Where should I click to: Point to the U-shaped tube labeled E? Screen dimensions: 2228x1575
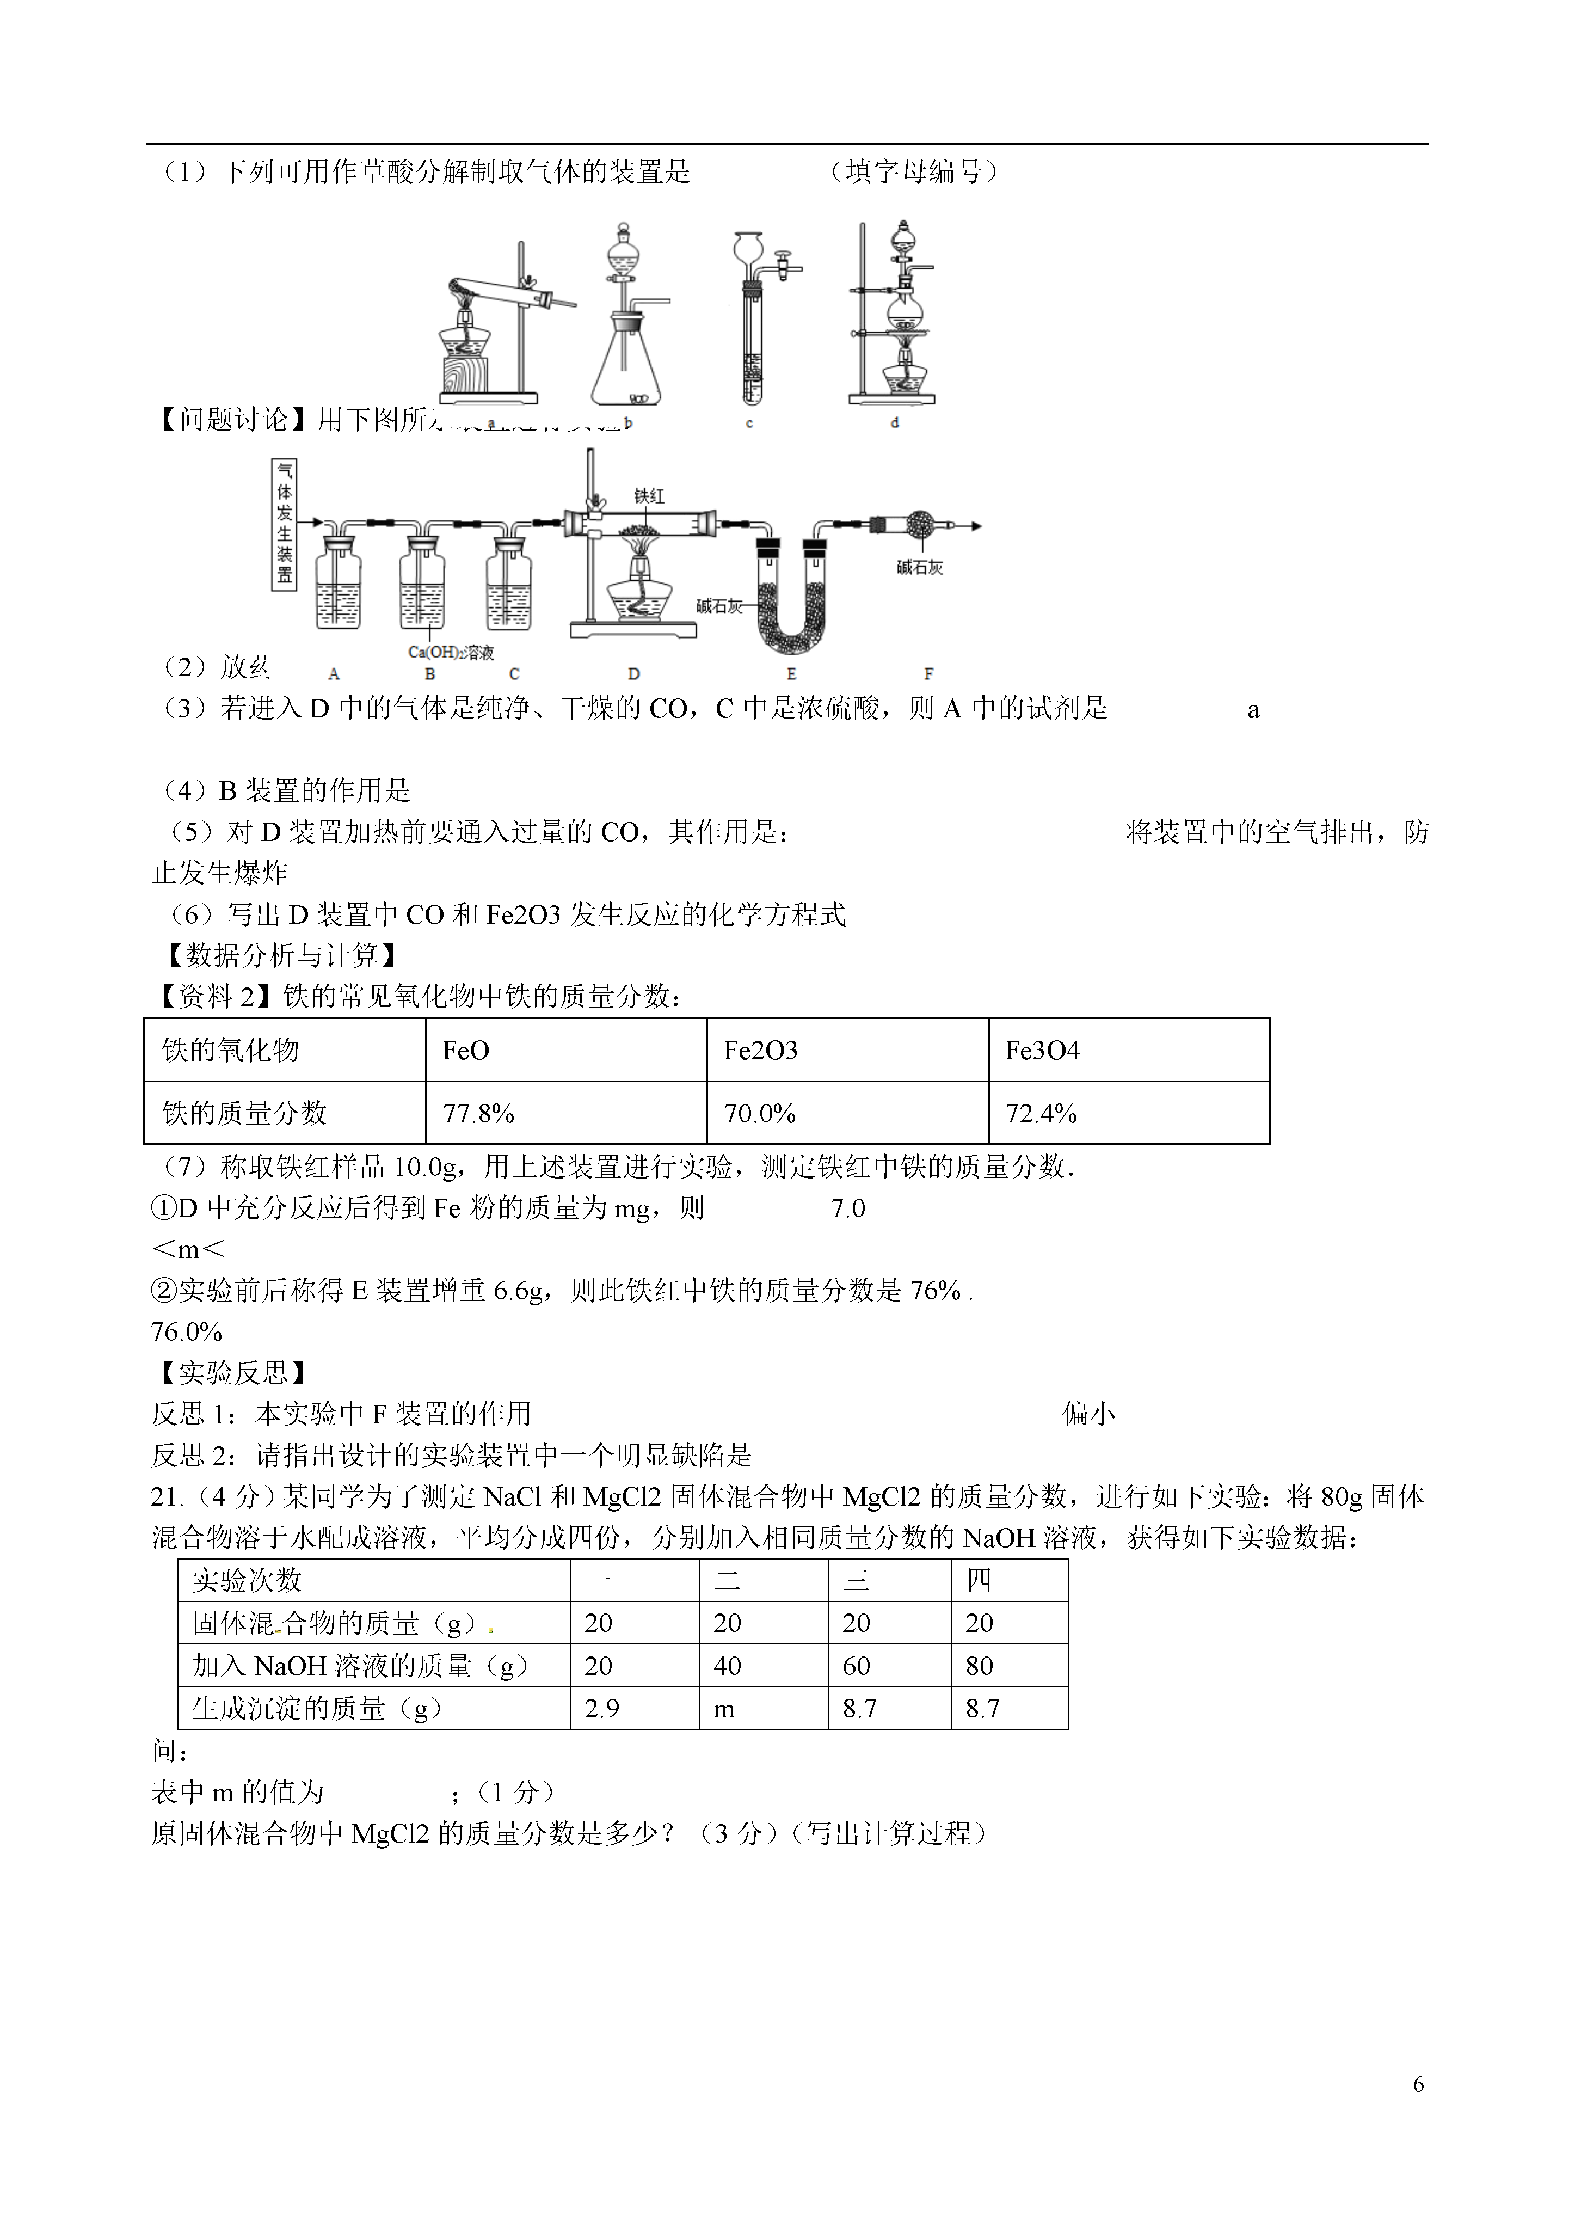click(x=791, y=602)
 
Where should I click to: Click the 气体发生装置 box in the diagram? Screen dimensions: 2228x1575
click(x=284, y=525)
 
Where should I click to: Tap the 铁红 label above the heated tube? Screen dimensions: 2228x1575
click(x=649, y=496)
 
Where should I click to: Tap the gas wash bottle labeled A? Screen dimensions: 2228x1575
click(x=338, y=582)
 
